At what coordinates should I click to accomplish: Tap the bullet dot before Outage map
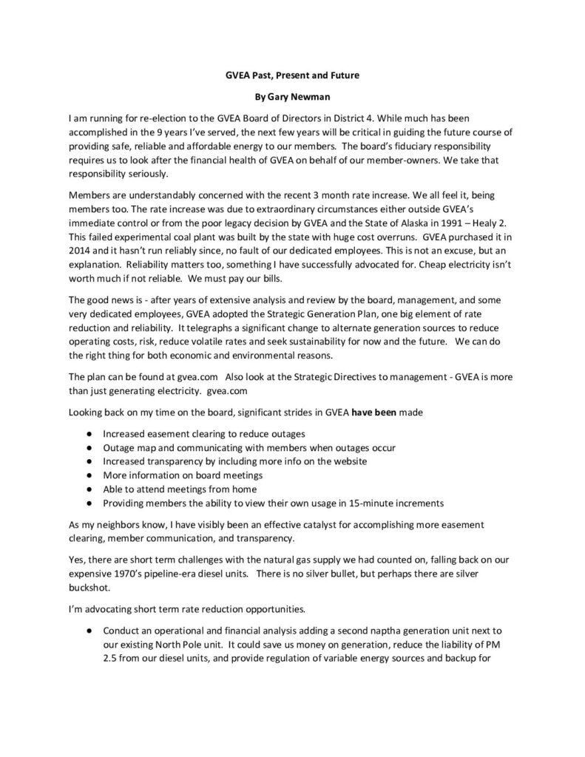[89, 448]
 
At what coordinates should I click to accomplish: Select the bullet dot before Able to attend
[89, 489]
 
